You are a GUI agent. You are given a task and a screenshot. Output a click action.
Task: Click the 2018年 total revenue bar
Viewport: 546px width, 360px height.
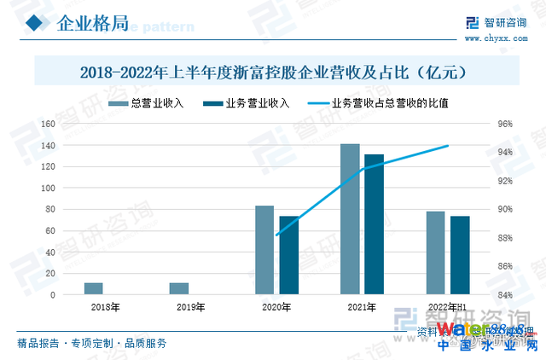[94, 288]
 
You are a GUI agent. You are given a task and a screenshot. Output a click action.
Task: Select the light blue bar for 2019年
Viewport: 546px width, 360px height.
[179, 288]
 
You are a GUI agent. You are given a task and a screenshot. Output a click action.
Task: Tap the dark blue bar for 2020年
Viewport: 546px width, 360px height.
[289, 255]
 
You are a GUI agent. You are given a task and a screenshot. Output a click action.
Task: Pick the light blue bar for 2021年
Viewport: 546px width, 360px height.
[350, 219]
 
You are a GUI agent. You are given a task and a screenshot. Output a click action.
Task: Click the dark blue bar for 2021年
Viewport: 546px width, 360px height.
[375, 224]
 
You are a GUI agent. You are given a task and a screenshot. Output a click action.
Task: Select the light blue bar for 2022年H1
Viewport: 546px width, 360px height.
[436, 253]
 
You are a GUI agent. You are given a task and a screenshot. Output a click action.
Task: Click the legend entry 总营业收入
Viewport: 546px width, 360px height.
[153, 103]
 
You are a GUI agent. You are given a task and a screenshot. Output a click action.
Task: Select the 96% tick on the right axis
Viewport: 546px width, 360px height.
[505, 124]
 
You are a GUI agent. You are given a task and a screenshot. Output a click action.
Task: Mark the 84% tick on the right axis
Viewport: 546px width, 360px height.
[505, 295]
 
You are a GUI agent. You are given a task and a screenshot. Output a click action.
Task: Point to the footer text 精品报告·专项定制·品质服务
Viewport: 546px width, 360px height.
[92, 343]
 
